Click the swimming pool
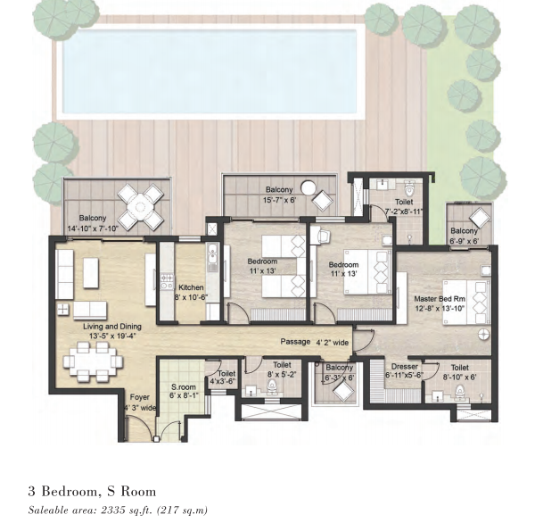210,71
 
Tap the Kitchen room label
191,287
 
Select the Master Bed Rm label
440,299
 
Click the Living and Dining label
112,327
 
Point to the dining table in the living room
93,361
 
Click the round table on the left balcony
140,207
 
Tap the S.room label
184,387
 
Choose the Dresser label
405,367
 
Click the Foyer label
140,397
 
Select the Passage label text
295,342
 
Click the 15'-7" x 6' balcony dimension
279,200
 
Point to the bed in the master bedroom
466,303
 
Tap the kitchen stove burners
167,282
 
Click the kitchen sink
212,258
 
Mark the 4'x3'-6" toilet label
223,381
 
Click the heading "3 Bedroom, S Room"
92,491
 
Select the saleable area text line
118,510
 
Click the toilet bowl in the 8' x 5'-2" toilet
272,386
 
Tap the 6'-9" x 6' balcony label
464,241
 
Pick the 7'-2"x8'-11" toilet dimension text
404,212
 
